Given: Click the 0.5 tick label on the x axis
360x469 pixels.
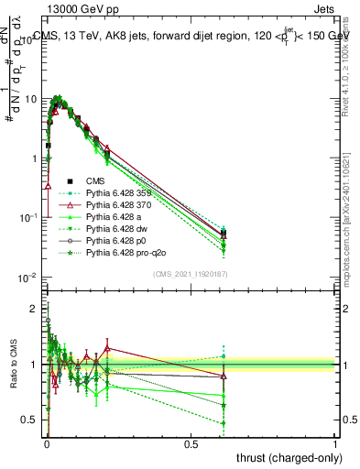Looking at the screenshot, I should pyautogui.click(x=191, y=443).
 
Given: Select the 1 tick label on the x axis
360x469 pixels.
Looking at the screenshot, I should pyautogui.click(x=335, y=443).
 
